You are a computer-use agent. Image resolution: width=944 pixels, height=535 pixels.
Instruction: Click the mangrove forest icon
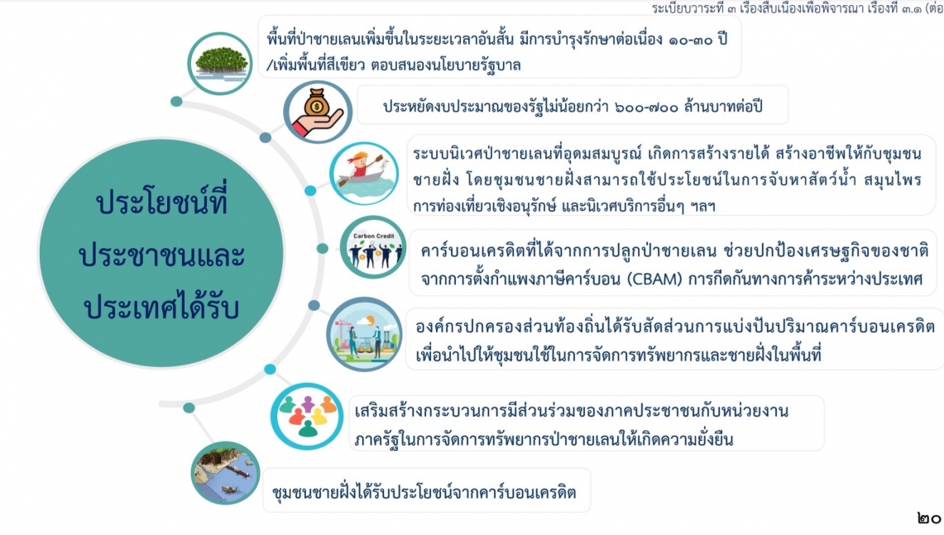point(220,63)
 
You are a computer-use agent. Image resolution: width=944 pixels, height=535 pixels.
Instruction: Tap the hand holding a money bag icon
point(317,112)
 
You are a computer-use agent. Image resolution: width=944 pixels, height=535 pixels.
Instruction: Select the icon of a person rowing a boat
point(364,174)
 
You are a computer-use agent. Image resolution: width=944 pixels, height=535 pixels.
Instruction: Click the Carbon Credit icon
point(372,247)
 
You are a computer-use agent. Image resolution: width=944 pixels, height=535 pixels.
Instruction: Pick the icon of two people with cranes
point(364,334)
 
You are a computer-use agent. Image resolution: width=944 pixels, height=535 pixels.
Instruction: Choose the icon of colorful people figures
point(306,416)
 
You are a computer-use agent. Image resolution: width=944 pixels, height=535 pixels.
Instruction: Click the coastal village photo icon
point(224,473)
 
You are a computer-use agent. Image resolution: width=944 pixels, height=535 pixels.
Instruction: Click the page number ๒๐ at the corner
point(929,518)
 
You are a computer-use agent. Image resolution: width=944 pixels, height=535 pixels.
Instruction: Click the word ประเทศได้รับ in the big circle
point(161,306)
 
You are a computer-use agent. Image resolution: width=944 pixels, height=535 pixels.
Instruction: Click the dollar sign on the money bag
point(317,107)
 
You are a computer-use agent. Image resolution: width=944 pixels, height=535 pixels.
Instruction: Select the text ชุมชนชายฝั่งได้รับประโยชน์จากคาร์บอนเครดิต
point(424,492)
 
